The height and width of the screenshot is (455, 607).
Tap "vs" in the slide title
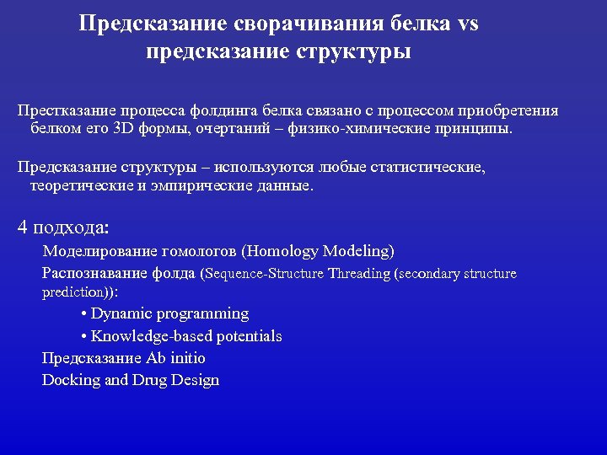(x=468, y=24)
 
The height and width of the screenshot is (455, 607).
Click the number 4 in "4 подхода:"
(x=23, y=227)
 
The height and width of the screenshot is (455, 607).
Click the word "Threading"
(x=359, y=274)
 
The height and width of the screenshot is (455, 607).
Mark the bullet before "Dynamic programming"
(x=84, y=314)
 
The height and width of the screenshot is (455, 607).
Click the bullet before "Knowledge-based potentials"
(x=84, y=337)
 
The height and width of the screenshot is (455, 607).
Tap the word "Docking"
(x=71, y=380)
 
